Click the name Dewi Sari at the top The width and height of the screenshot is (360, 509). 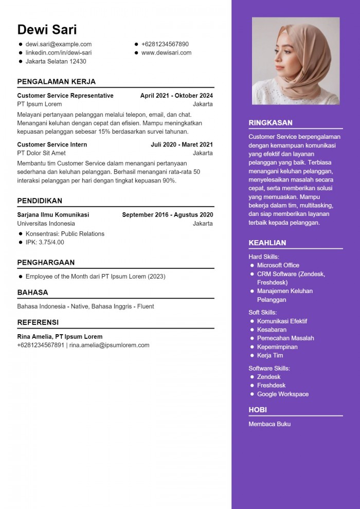47,29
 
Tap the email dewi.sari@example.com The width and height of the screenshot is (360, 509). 59,44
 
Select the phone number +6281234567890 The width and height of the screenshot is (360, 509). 165,44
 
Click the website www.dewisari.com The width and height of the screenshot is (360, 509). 166,53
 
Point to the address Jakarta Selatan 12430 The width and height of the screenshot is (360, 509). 56,62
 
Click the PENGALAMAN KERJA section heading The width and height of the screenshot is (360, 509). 56,82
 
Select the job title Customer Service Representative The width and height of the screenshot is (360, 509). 65,96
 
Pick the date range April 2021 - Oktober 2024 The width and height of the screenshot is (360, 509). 176,96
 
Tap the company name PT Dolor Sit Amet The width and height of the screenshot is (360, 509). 41,153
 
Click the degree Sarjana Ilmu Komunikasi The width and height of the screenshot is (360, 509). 53,215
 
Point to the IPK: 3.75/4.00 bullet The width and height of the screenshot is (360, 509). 45,242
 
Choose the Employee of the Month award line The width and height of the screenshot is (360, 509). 95,277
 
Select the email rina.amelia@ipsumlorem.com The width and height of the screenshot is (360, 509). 110,346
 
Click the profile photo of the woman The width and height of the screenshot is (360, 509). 296,61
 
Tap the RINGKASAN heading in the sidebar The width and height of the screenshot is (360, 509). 271,123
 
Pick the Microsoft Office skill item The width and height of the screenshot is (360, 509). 278,265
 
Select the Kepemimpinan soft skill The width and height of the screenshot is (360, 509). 277,347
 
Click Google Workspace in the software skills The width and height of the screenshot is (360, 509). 283,394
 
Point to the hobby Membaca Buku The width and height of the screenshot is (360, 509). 269,424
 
